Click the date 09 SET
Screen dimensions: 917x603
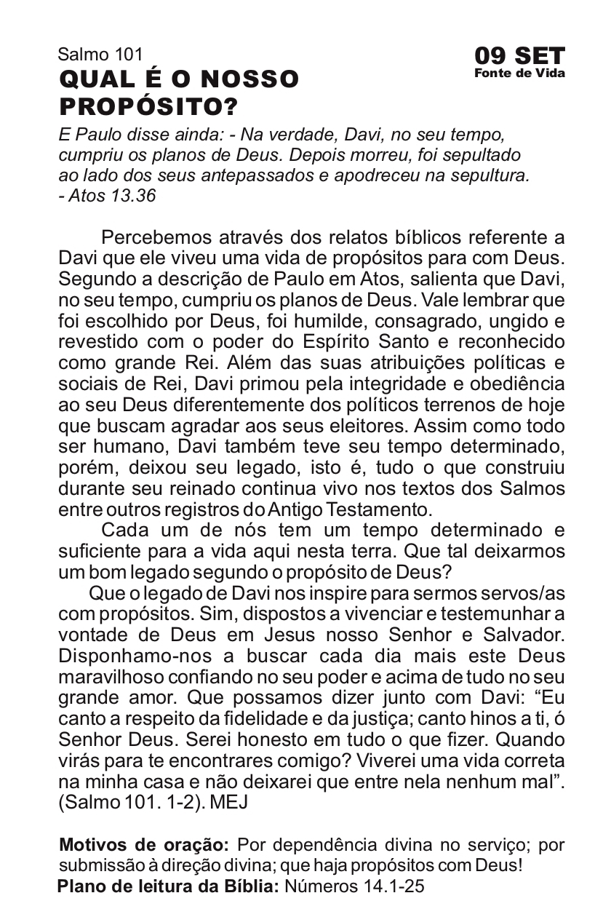pyautogui.click(x=519, y=56)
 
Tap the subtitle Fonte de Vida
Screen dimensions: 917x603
pyautogui.click(x=519, y=73)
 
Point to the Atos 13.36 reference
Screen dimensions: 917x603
pyautogui.click(x=110, y=196)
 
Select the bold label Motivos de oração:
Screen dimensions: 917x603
pyautogui.click(x=143, y=846)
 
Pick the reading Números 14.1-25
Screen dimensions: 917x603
pyautogui.click(x=355, y=886)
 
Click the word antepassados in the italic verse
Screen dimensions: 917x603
pyautogui.click(x=284, y=175)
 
